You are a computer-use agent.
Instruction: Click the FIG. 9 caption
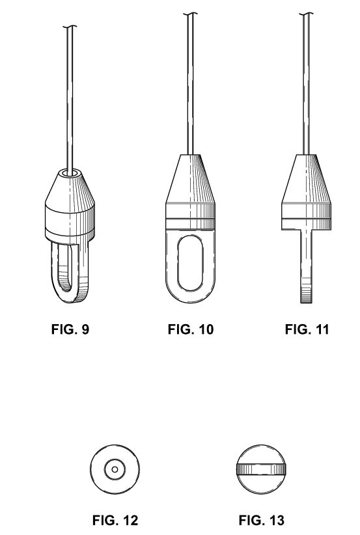click(x=70, y=329)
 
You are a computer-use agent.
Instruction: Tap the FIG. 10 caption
click(x=190, y=329)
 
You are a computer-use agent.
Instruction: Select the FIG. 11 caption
click(x=307, y=329)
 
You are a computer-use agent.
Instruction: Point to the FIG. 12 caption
click(x=115, y=520)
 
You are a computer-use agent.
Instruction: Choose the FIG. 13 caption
click(x=262, y=520)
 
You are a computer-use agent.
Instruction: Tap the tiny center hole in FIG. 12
click(x=115, y=469)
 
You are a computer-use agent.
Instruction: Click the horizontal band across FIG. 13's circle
click(x=261, y=469)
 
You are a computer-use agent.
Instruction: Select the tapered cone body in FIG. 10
click(x=190, y=179)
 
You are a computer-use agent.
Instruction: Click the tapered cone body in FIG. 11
click(x=306, y=179)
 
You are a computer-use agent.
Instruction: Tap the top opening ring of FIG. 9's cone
click(x=70, y=172)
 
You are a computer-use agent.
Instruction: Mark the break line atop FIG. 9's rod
click(x=70, y=27)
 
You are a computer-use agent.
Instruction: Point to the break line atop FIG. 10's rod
click(x=190, y=14)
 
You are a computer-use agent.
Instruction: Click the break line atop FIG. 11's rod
click(x=306, y=14)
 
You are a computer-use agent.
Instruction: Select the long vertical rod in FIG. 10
click(x=190, y=84)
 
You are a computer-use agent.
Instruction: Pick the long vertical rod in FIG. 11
click(x=306, y=84)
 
